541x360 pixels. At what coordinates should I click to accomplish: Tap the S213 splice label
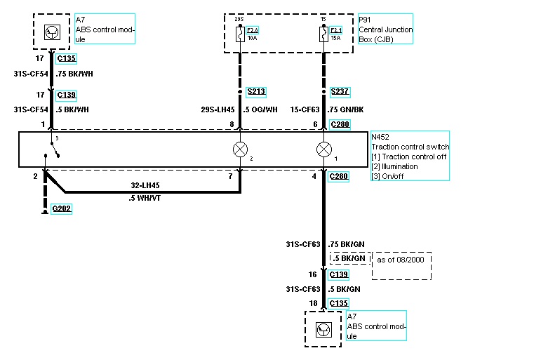click(x=256, y=92)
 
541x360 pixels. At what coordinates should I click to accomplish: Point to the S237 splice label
click(x=340, y=92)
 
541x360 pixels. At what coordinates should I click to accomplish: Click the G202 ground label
click(x=61, y=208)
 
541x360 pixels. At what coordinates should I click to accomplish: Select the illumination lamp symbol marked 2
click(x=240, y=149)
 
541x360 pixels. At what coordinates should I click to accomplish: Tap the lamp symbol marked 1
click(x=323, y=149)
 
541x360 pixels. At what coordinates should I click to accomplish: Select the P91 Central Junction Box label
click(x=385, y=29)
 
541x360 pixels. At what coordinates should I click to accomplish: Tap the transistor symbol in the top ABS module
click(x=52, y=31)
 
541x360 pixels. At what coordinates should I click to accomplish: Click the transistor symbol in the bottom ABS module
click(x=323, y=328)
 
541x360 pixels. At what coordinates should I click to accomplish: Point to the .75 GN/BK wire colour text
click(x=346, y=109)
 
